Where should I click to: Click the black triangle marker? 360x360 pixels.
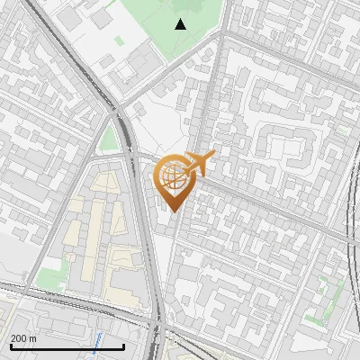click(181, 24)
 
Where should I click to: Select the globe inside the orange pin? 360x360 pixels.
click(173, 175)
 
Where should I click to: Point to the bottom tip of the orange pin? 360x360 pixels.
click(173, 211)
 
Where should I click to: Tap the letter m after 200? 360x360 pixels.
click(33, 338)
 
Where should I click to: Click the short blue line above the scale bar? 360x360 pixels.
click(97, 340)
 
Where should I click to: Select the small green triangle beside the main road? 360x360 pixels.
click(110, 138)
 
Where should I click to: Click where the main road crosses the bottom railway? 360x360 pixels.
click(158, 319)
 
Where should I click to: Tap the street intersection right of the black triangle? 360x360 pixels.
click(221, 34)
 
